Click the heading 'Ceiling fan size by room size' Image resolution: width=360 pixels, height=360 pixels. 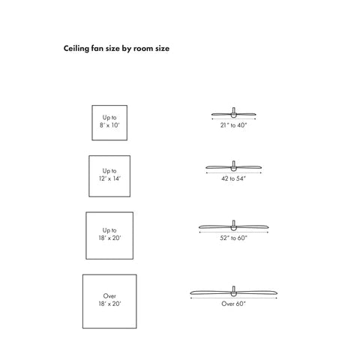tap(116, 49)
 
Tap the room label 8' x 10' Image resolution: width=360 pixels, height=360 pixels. tap(109, 125)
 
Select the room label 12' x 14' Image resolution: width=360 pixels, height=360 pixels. tap(109, 178)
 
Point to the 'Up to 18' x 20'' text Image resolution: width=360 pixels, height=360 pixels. tap(109, 234)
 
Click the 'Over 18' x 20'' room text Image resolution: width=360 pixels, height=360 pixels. tap(109, 300)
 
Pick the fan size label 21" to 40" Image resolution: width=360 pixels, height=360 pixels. tap(233, 125)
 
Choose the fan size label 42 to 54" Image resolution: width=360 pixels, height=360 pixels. tap(233, 178)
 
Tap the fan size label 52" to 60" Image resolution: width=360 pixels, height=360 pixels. tap(233, 238)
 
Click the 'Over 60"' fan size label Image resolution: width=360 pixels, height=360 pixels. tap(233, 304)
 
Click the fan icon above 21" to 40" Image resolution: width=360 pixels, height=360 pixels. tap(233, 115)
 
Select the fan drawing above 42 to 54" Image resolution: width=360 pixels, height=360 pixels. tap(233, 167)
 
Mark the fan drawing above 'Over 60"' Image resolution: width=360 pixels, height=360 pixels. tap(233, 292)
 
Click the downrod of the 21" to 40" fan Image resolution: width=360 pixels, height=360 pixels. tap(233, 110)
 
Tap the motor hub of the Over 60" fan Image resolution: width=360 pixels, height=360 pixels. tap(233, 294)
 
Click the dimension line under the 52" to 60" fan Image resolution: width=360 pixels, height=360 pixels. tap(233, 232)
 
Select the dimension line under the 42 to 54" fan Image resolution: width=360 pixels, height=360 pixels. tap(233, 172)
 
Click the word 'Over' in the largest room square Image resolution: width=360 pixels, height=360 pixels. tap(109, 296)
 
